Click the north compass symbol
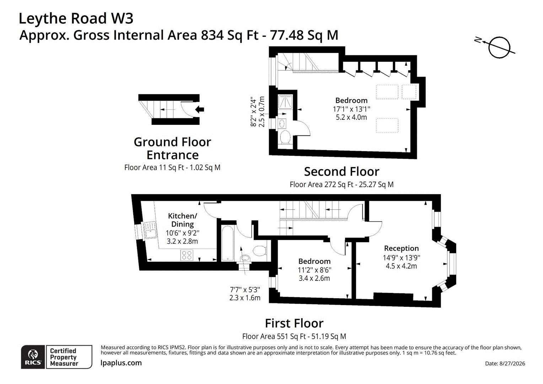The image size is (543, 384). pyautogui.click(x=499, y=47)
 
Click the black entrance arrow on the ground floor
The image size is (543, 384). pyautogui.click(x=200, y=110)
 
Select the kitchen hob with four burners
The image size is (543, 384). pyautogui.click(x=187, y=255)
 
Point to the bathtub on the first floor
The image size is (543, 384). pyautogui.click(x=228, y=243)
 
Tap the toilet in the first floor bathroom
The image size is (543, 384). pyautogui.click(x=260, y=251)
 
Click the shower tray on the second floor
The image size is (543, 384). pyautogui.click(x=285, y=102)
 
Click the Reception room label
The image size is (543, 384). pyautogui.click(x=402, y=248)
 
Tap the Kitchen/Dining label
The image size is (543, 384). pyautogui.click(x=183, y=220)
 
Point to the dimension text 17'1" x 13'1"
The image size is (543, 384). pyautogui.click(x=351, y=109)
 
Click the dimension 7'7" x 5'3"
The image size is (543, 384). pyautogui.click(x=245, y=290)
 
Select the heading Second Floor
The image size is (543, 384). pyautogui.click(x=342, y=172)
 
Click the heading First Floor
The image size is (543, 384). pyautogui.click(x=294, y=323)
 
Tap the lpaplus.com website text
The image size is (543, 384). pyautogui.click(x=121, y=363)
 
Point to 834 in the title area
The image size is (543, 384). pyautogui.click(x=213, y=35)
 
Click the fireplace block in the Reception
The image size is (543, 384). pyautogui.click(x=393, y=297)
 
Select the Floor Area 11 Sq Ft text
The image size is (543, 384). pyautogui.click(x=154, y=167)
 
